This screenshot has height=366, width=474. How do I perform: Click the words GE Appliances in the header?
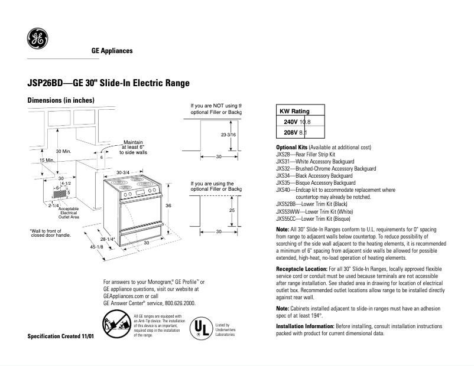click(112, 51)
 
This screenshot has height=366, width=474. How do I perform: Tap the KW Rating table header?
click(294, 111)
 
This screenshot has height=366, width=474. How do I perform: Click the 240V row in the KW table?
click(298, 122)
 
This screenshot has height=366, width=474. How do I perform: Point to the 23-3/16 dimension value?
click(228, 135)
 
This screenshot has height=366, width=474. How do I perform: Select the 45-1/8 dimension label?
click(97, 247)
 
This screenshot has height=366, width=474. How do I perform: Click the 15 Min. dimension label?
click(30, 161)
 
